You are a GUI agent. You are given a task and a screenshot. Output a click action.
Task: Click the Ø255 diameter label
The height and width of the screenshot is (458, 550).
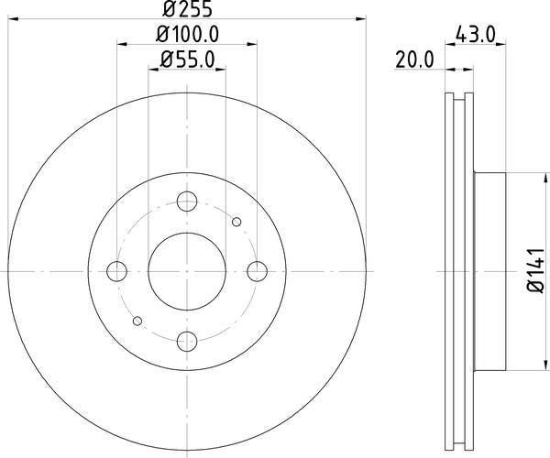point(187,11)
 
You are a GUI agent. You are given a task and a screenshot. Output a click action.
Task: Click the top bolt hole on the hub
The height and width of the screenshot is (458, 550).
point(187,202)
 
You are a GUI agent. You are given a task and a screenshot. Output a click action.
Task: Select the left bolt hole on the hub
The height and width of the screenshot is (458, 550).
point(117,271)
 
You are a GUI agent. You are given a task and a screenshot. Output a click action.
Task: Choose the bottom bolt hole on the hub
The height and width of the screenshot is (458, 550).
point(187,341)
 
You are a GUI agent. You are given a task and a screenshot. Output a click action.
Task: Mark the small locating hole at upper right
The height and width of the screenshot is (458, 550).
point(236,222)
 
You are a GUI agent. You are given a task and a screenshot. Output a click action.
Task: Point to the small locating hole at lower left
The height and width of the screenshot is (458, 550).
point(137,321)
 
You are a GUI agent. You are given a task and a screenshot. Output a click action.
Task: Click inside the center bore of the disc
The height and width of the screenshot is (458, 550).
point(187,271)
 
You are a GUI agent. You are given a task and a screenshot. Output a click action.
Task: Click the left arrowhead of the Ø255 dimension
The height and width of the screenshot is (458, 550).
point(13,18)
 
